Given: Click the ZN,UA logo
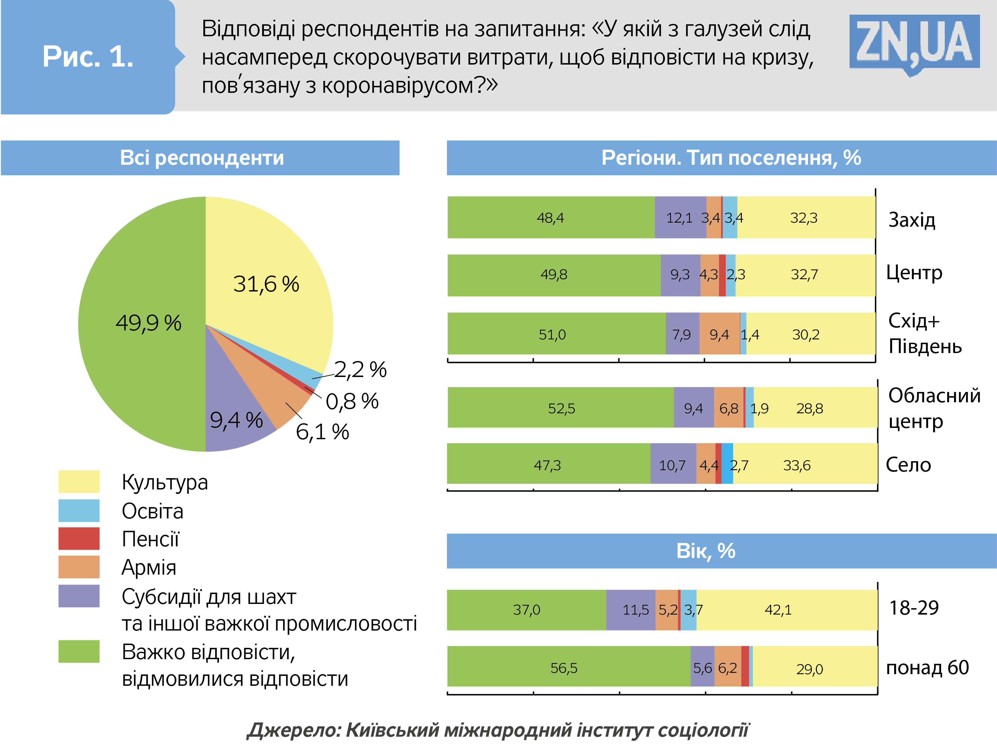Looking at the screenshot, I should pos(914,43).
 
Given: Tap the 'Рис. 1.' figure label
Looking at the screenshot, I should pos(88,57).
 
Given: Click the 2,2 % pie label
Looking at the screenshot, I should pos(360,370).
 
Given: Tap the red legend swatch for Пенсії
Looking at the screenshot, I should pos(79,539).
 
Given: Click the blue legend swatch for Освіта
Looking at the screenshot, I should pos(79,511).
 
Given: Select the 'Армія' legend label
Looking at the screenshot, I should pos(149,567).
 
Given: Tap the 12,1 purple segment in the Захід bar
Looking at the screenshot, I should pos(680,218).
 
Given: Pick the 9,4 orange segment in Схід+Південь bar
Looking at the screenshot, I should pos(719,334).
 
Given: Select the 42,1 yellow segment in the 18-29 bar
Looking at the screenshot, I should pos(778,610).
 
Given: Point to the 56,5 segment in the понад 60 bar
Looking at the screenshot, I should pos(564,667).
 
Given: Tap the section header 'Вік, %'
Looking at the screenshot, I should pos(706,551).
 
